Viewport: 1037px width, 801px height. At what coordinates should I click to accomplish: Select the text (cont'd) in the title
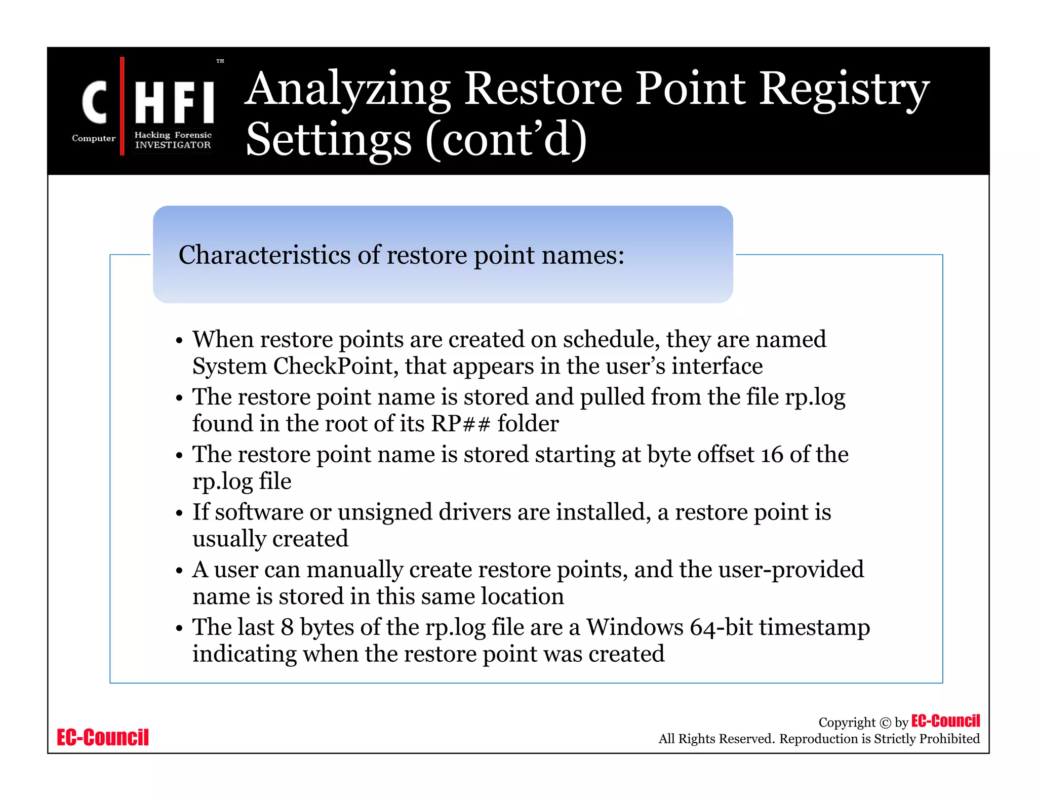click(506, 140)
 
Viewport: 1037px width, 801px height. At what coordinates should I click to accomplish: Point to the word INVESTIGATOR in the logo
click(173, 145)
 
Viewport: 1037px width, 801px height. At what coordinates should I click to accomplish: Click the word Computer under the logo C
click(94, 138)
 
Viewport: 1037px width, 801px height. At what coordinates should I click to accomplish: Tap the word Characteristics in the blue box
click(265, 255)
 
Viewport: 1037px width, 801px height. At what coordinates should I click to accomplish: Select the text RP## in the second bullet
click(460, 424)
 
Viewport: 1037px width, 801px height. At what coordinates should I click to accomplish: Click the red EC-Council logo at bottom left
click(103, 737)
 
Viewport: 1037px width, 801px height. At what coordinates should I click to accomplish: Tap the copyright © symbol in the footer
click(885, 723)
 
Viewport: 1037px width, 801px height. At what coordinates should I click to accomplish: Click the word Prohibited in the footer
click(949, 739)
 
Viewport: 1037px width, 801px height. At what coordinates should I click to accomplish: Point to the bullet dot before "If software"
click(179, 513)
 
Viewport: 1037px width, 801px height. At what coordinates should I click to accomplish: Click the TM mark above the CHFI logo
click(220, 61)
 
